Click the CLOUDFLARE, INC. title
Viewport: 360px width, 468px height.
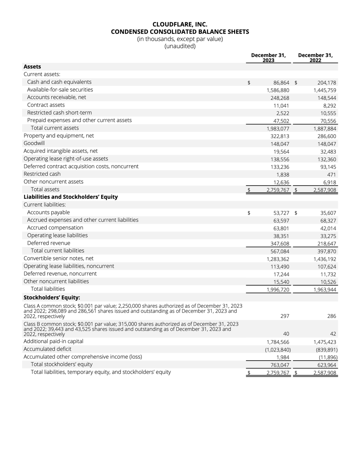point(180,24)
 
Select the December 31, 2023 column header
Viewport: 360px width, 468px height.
point(268,57)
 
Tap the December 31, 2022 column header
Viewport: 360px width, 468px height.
point(315,57)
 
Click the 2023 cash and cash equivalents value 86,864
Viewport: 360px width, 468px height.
point(281,83)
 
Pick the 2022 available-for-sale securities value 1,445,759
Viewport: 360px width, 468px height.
point(325,91)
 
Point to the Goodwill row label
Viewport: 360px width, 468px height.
point(34,143)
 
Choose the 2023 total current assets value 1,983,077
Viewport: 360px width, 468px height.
point(278,129)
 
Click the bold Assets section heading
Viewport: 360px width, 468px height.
point(32,67)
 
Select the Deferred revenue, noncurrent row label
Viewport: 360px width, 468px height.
point(60,274)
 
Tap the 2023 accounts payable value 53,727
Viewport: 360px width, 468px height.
point(281,213)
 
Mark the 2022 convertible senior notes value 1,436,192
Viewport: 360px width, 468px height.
point(325,259)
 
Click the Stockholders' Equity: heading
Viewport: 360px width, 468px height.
point(52,297)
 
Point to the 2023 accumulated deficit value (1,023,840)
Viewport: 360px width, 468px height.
point(278,350)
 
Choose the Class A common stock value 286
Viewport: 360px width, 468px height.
point(331,316)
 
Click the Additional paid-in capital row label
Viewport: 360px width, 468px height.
point(53,341)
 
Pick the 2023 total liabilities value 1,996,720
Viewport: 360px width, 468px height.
point(278,290)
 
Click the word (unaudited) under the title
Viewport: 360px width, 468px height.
point(180,46)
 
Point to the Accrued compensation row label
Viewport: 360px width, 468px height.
point(55,228)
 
